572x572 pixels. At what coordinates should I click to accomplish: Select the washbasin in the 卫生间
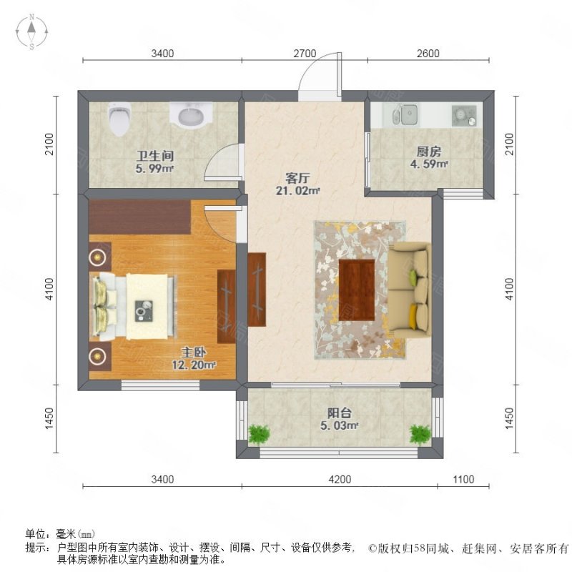click(190, 114)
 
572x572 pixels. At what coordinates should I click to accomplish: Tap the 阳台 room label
click(339, 413)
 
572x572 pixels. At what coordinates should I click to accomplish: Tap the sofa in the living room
click(410, 289)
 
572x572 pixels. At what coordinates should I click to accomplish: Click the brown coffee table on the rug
click(357, 290)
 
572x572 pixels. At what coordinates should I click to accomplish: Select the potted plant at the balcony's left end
click(259, 433)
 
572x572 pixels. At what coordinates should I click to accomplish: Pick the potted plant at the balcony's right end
click(420, 433)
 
